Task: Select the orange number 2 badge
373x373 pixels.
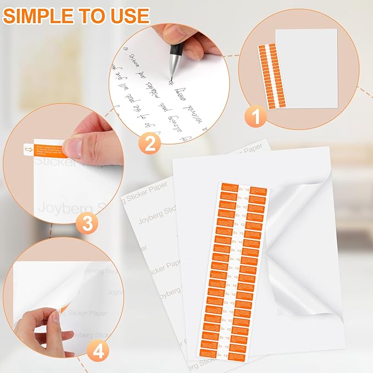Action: (149, 144)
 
